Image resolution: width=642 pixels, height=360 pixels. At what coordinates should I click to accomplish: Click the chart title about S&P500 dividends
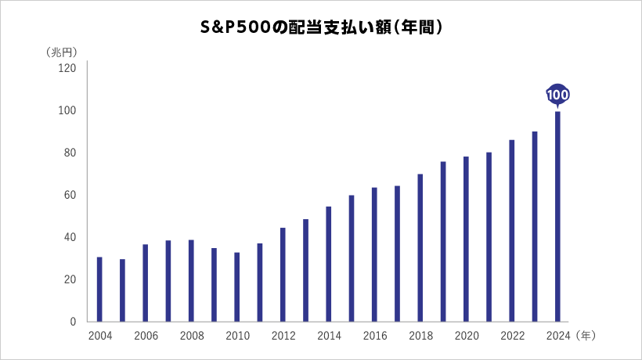click(x=322, y=27)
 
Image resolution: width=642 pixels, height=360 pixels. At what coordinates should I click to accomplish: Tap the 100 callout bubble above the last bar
click(x=557, y=95)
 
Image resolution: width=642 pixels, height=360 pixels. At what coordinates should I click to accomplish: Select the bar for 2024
click(x=557, y=217)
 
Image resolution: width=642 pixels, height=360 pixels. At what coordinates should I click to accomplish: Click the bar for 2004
click(x=99, y=290)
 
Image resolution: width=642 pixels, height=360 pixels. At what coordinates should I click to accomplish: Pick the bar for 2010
click(x=237, y=286)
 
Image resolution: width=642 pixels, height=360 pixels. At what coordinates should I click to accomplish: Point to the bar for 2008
click(x=191, y=281)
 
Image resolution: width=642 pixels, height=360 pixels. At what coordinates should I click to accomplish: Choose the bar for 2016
click(x=374, y=254)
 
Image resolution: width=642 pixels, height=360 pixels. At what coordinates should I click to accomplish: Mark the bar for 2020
click(x=466, y=239)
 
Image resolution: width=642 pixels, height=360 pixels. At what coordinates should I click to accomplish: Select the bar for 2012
click(x=283, y=275)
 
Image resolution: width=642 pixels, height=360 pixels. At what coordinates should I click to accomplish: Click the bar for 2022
click(x=512, y=231)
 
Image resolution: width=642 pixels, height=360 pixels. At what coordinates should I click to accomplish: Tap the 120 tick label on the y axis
click(x=67, y=68)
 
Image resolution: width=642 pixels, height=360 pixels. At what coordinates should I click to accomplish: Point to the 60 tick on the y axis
click(x=70, y=195)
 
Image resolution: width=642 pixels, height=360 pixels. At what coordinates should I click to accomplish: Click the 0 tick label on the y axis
click(x=73, y=322)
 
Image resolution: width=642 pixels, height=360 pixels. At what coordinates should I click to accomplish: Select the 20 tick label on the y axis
click(x=70, y=279)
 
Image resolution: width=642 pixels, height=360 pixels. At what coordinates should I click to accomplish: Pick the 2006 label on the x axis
click(x=146, y=336)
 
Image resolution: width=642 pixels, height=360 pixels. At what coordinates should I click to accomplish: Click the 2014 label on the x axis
click(x=329, y=336)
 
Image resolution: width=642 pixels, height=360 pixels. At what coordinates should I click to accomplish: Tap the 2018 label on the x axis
click(x=421, y=336)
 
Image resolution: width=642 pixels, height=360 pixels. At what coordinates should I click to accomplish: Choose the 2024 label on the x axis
click(x=558, y=336)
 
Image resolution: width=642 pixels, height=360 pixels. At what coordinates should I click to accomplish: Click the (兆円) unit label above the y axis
click(x=62, y=52)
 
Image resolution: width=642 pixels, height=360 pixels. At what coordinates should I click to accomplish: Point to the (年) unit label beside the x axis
click(x=586, y=336)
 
